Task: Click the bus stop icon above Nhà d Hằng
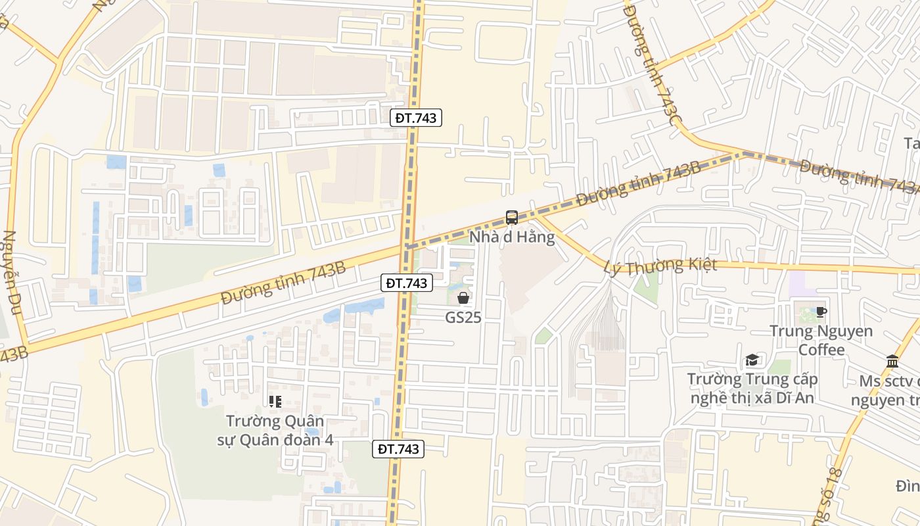pyautogui.click(x=511, y=218)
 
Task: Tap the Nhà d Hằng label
pyautogui.click(x=511, y=237)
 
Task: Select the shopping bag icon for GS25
pyautogui.click(x=463, y=298)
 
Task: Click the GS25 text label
pyautogui.click(x=463, y=318)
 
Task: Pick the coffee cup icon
pyautogui.click(x=821, y=312)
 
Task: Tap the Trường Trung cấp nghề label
pyautogui.click(x=752, y=389)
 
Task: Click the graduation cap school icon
pyautogui.click(x=752, y=360)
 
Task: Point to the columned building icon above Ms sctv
pyautogui.click(x=892, y=361)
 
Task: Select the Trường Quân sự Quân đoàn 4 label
pyautogui.click(x=275, y=430)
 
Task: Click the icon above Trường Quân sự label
pyautogui.click(x=275, y=400)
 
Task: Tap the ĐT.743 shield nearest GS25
pyautogui.click(x=407, y=283)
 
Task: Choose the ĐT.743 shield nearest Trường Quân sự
pyautogui.click(x=399, y=449)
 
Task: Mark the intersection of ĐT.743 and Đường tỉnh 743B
pyautogui.click(x=407, y=247)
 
